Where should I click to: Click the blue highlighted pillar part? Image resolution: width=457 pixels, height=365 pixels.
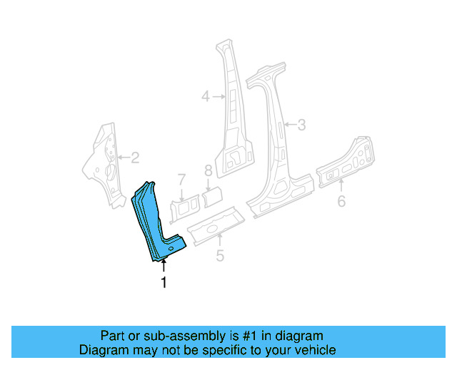[x=154, y=221]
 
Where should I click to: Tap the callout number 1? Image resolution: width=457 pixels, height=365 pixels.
[x=164, y=283]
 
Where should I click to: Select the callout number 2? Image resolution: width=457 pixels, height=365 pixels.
[x=134, y=158]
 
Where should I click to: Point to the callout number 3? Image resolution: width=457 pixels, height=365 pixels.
[x=301, y=125]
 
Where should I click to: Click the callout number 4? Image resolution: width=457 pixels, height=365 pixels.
[x=206, y=96]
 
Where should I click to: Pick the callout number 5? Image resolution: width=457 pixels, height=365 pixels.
[x=220, y=255]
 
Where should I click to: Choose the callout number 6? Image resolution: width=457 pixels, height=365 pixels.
[x=341, y=201]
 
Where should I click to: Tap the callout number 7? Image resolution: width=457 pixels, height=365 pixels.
[x=182, y=179]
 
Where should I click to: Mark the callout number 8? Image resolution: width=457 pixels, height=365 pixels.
[x=209, y=171]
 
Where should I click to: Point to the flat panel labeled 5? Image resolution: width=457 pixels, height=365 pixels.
[x=214, y=222]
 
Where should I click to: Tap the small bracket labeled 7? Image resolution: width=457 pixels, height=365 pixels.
[x=184, y=208]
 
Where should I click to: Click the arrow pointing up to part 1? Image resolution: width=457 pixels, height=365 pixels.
[x=164, y=267]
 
